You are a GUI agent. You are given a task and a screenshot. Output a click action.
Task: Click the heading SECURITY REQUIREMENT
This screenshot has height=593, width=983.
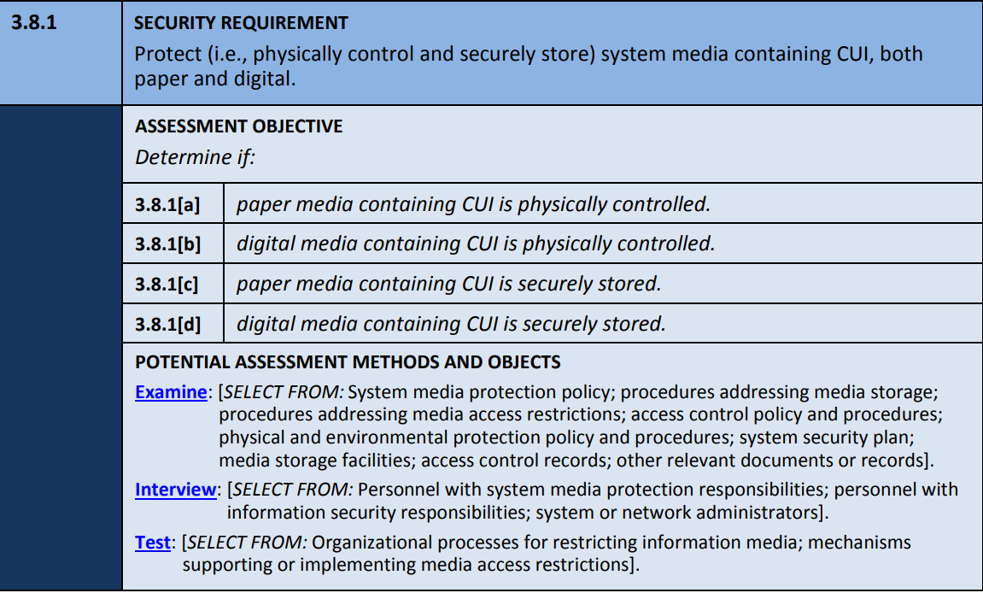click(242, 23)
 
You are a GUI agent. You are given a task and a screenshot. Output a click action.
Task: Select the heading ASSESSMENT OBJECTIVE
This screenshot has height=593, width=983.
click(238, 126)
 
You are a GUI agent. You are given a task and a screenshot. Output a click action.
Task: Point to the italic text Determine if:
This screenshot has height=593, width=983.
click(183, 157)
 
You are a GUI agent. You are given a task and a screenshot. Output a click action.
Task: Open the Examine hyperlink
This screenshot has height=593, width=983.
click(171, 393)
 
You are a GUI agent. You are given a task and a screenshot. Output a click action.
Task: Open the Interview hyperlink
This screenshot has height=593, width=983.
click(175, 490)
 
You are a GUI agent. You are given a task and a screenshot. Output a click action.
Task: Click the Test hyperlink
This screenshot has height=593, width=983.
click(153, 543)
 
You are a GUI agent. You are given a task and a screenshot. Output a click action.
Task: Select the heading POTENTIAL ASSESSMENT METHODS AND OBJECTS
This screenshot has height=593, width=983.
click(348, 362)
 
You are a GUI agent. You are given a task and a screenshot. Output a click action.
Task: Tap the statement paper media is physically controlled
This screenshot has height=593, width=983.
click(473, 204)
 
